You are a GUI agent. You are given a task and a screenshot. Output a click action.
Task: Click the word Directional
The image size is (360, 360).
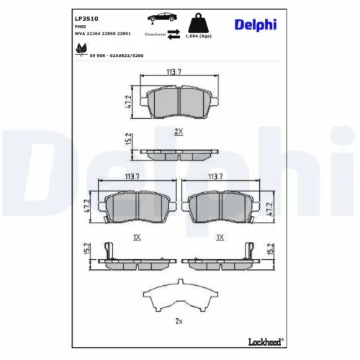tap(156, 34)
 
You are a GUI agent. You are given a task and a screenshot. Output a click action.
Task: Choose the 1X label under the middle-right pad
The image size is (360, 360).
tap(221, 236)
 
